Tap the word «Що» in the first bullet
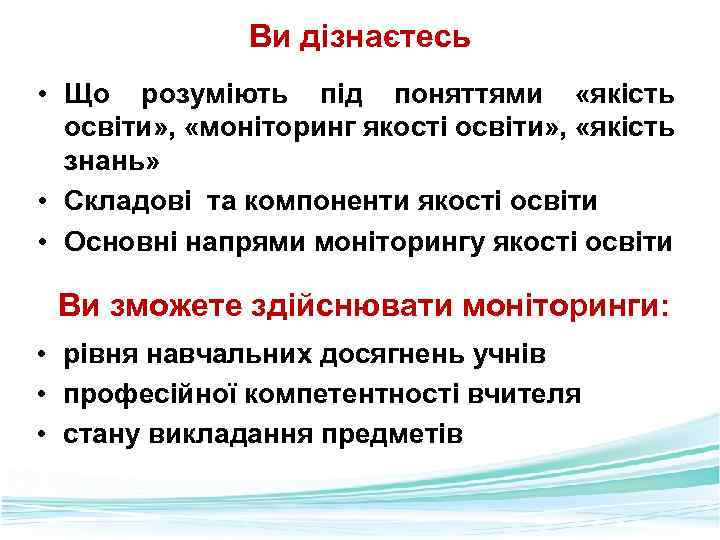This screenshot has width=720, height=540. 87,96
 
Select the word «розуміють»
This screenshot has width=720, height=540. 216,96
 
